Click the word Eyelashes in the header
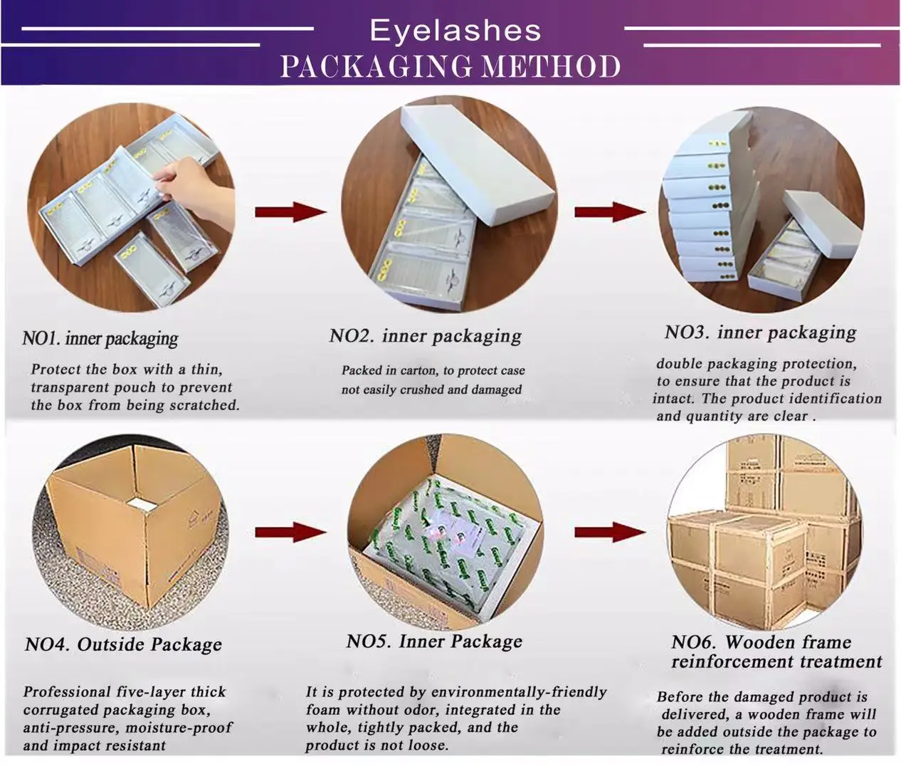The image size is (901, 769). pyautogui.click(x=455, y=31)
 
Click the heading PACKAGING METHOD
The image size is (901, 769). pyautogui.click(x=450, y=67)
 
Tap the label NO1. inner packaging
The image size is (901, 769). pyautogui.click(x=100, y=338)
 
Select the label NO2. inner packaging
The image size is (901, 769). pyautogui.click(x=425, y=335)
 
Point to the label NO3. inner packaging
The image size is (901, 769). pyautogui.click(x=760, y=333)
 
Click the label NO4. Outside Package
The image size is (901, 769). pyautogui.click(x=123, y=645)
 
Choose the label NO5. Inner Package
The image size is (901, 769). pyautogui.click(x=434, y=642)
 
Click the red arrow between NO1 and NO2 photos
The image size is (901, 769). pyautogui.click(x=290, y=212)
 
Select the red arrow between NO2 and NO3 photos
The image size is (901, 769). pyautogui.click(x=608, y=212)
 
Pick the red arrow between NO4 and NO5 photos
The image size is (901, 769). pyautogui.click(x=290, y=532)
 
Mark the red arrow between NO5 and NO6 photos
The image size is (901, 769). pyautogui.click(x=608, y=532)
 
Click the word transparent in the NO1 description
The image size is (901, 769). pyautogui.click(x=71, y=387)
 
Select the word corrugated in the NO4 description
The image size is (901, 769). pyautogui.click(x=60, y=710)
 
